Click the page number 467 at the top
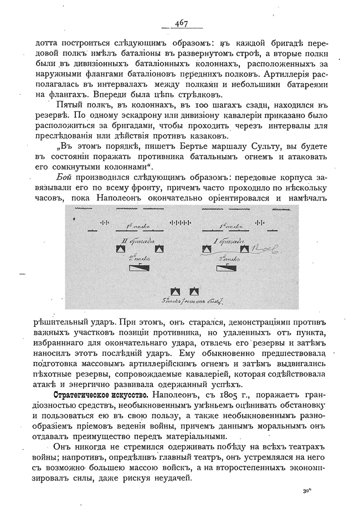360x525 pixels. coord(181,23)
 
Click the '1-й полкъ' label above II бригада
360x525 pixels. coord(137,227)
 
